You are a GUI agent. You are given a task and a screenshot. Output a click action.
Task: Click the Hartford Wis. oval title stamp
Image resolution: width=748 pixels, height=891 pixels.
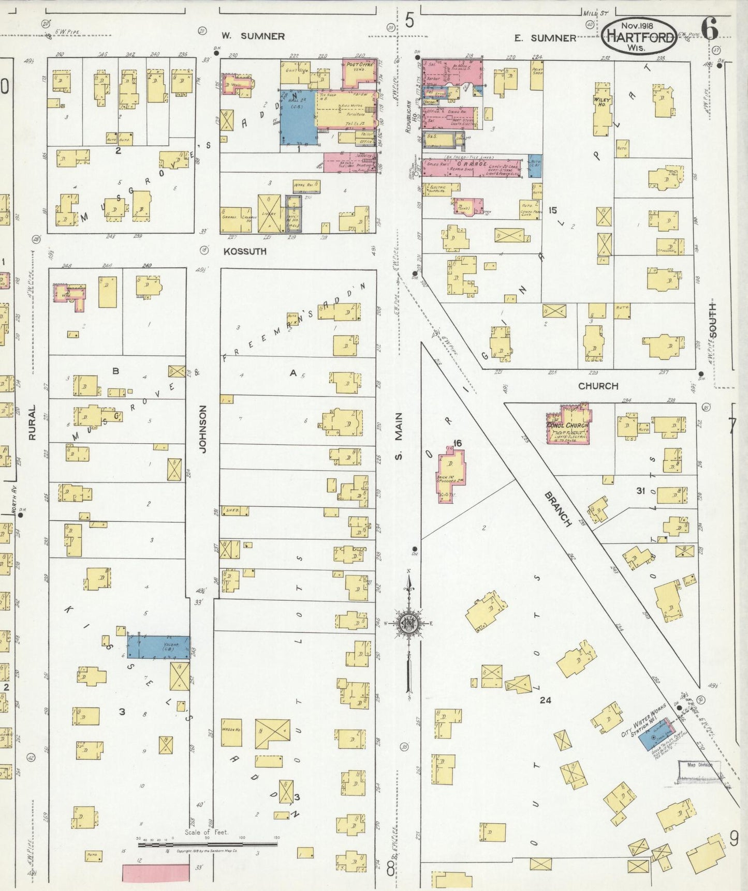click(639, 35)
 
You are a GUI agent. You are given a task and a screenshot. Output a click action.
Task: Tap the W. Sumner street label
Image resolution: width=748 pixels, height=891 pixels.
click(253, 36)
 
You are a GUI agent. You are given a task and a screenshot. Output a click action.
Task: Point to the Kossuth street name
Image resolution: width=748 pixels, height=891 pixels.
click(245, 251)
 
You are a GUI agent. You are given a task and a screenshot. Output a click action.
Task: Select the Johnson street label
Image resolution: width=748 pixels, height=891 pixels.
click(202, 429)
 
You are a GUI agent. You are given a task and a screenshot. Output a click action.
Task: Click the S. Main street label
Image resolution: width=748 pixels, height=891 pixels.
click(398, 433)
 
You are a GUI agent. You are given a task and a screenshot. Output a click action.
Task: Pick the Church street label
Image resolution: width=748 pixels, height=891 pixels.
click(598, 386)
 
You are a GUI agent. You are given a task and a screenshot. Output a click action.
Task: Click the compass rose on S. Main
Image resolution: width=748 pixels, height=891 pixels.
click(409, 624)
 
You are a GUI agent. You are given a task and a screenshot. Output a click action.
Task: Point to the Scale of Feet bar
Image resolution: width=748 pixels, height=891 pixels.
click(207, 844)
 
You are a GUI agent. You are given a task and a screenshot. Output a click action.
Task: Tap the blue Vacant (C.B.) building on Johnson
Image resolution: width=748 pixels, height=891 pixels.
click(158, 646)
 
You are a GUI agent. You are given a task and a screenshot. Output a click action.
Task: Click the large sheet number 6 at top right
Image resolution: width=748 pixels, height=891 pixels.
click(710, 29)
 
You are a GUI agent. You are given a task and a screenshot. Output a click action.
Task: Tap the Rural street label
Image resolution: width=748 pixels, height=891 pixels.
click(32, 422)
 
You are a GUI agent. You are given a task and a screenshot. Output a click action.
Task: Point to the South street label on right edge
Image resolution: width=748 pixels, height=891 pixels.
click(713, 321)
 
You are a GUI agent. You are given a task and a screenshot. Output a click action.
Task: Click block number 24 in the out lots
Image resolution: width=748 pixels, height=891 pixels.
click(545, 700)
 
